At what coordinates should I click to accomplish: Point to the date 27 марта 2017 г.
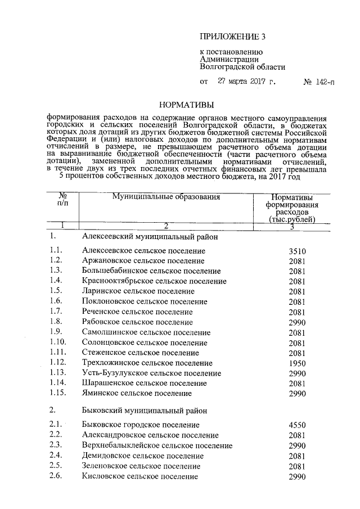246,82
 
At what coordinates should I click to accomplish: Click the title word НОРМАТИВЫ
187,104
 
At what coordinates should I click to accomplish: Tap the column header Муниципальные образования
165,197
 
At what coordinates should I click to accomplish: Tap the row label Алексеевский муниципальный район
149,237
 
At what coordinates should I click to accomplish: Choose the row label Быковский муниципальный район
144,411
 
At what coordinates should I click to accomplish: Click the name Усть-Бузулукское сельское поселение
151,373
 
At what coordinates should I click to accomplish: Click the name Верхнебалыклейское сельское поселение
157,445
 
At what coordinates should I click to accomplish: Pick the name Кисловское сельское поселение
139,476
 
